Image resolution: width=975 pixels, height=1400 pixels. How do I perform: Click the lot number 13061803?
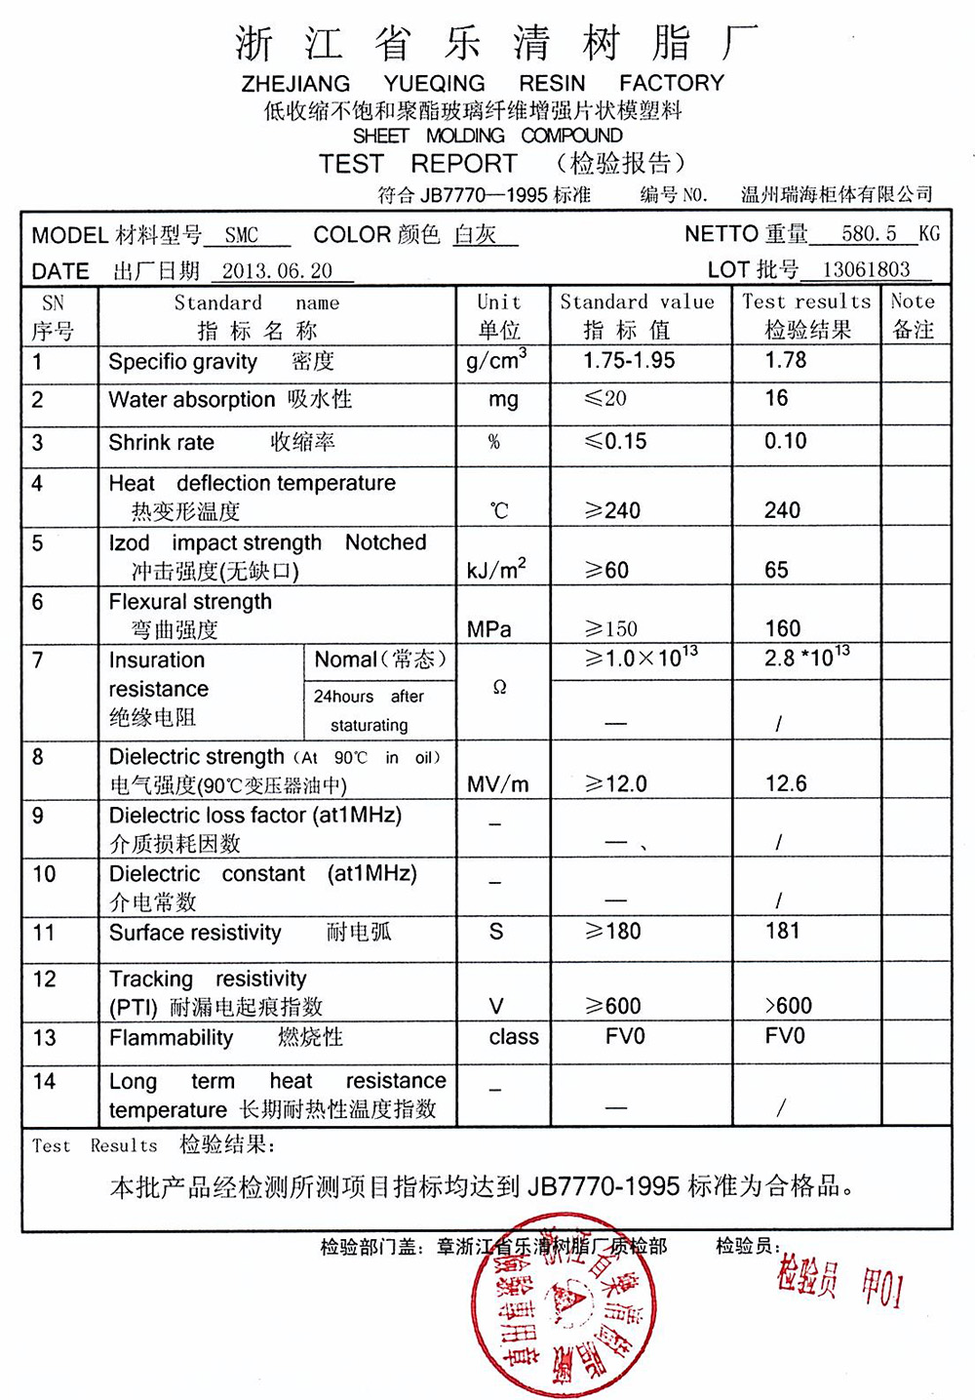pos(866,270)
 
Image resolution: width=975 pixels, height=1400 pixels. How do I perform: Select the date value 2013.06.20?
pos(277,271)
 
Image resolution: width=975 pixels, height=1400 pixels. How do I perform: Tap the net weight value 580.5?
pos(869,234)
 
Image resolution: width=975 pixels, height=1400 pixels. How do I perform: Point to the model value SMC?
pos(242,235)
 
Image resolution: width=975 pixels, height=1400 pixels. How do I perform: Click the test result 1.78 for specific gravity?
pos(786,361)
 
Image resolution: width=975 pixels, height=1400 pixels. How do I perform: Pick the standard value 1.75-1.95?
pos(629,361)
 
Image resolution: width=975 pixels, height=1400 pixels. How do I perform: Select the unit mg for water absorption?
pos(503,400)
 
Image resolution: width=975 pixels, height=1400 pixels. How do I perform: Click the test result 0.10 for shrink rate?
pos(786,442)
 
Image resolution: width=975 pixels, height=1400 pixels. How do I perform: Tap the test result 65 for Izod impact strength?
pos(777,570)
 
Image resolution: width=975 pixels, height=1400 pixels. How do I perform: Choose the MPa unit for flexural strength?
pos(489,629)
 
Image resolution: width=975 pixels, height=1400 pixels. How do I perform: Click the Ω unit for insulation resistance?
pos(500,688)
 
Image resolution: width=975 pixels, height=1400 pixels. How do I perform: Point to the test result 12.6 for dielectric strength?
pos(786,784)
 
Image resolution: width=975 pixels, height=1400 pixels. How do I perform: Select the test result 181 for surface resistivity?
pos(783,932)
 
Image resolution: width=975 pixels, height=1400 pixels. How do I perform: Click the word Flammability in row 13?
pos(172,1038)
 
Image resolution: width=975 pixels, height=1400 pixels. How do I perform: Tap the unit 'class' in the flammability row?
pos(514,1037)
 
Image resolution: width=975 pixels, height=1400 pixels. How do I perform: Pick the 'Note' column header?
pos(913,302)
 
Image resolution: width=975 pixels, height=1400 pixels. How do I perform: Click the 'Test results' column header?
pos(806,302)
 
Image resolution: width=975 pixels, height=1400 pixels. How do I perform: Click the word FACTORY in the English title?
pos(672,84)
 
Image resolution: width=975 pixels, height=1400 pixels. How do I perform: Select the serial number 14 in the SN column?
pos(44,1082)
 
